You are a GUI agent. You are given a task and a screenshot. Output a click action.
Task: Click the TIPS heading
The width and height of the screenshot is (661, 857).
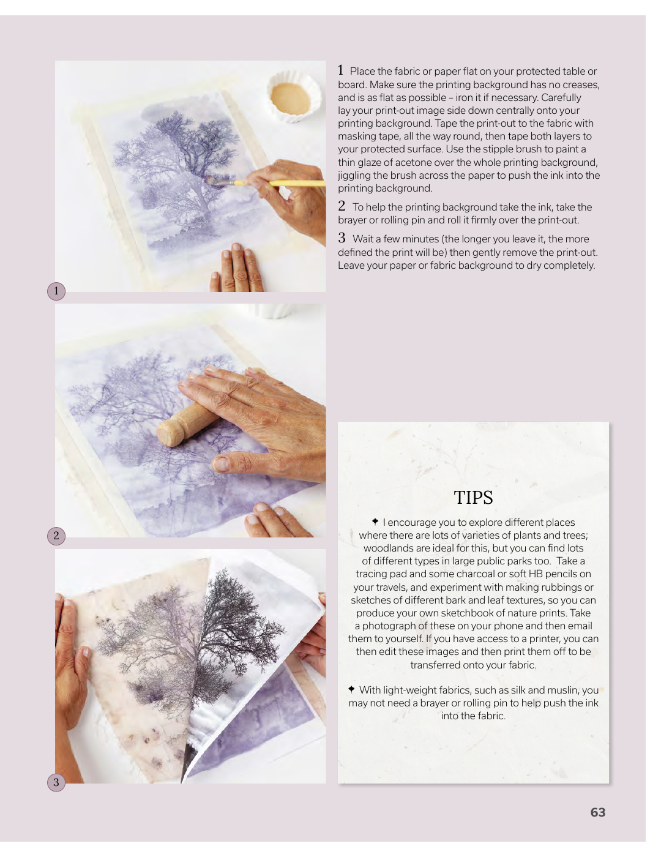[x=473, y=498]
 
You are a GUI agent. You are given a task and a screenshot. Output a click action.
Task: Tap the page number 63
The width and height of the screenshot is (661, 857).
[x=597, y=812]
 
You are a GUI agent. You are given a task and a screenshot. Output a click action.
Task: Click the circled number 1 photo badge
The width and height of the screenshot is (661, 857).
[x=56, y=291]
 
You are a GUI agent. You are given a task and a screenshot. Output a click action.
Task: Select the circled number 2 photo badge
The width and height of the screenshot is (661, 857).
[x=56, y=536]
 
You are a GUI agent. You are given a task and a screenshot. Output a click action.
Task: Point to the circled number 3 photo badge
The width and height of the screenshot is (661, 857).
[x=56, y=782]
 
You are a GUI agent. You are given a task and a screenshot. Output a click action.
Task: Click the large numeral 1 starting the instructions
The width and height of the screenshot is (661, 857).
[x=340, y=70]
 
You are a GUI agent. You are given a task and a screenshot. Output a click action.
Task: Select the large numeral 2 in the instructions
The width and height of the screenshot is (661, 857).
[x=342, y=206]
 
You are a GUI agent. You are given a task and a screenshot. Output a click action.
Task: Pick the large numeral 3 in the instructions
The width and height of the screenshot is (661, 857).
[x=342, y=238]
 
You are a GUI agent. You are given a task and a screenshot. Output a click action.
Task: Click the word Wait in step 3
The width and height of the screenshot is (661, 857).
[x=362, y=239]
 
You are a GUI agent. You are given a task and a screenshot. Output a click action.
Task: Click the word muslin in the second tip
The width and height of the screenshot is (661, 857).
[x=563, y=690]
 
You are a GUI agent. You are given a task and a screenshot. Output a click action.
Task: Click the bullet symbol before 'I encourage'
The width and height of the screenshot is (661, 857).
[x=375, y=522]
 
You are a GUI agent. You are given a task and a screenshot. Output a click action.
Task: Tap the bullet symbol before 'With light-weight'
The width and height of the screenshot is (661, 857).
[x=351, y=689]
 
